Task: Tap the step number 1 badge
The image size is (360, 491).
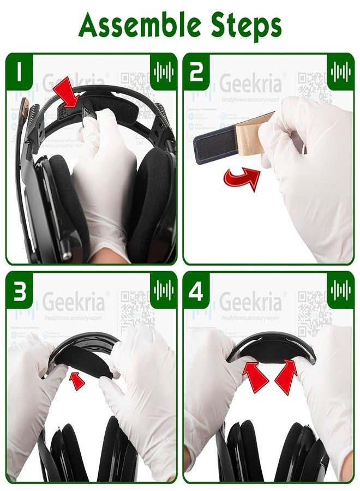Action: pyautogui.click(x=20, y=71)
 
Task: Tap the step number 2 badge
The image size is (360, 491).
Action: pyautogui.click(x=197, y=71)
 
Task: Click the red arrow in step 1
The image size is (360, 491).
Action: pyautogui.click(x=68, y=93)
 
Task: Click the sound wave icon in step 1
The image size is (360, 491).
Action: pyautogui.click(x=163, y=71)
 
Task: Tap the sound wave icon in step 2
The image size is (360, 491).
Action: pyautogui.click(x=340, y=71)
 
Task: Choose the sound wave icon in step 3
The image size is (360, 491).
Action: pyautogui.click(x=163, y=290)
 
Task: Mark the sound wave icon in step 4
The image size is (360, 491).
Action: pyautogui.click(x=340, y=290)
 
